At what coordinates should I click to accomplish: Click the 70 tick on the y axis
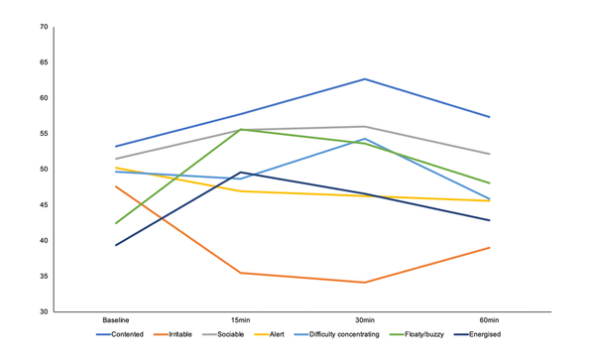tap(43, 27)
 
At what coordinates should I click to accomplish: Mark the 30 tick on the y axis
tap(43, 311)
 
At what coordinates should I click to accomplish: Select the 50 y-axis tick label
tap(43, 170)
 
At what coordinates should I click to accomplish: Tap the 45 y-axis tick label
tap(43, 205)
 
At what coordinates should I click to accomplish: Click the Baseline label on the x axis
tap(116, 320)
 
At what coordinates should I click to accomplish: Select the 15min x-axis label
tap(240, 320)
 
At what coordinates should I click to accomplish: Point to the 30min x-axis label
tap(365, 320)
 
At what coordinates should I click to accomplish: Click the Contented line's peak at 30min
tap(365, 79)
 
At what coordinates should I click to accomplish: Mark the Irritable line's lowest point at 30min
tap(365, 283)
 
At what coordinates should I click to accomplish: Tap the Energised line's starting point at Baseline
tap(116, 245)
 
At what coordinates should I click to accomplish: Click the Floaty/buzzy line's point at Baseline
tap(116, 223)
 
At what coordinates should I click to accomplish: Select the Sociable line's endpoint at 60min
tap(489, 154)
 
